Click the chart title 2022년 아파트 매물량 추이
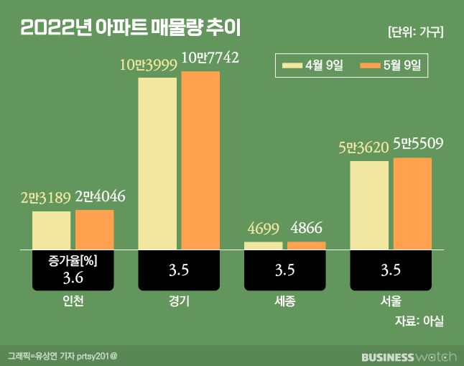[x=131, y=29]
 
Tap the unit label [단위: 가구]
[x=414, y=32]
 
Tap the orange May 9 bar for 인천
[x=95, y=229]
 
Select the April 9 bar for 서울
[x=369, y=205]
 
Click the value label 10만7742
[x=210, y=57]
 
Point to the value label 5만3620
[x=363, y=148]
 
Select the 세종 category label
[x=285, y=301]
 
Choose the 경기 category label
[x=179, y=301]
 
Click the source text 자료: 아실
[x=419, y=321]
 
